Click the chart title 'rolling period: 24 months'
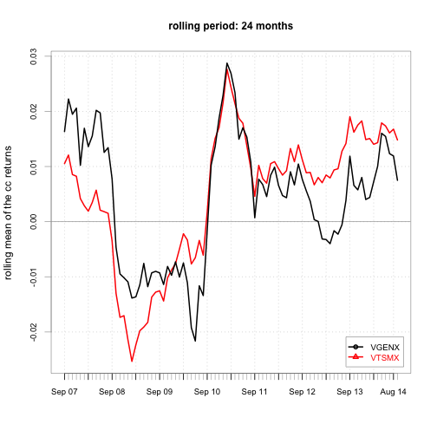(x=231, y=26)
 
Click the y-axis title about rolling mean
(x=8, y=212)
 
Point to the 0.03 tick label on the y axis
(x=34, y=56)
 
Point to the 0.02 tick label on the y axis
(x=34, y=112)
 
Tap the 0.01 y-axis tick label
(x=34, y=166)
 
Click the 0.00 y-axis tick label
(x=34, y=222)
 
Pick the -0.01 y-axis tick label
(x=34, y=277)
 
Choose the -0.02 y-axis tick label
(x=34, y=333)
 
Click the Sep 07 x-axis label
(x=64, y=392)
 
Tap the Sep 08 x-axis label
(x=112, y=392)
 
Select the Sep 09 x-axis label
(x=160, y=392)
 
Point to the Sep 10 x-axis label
(x=207, y=392)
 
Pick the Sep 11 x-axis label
(x=255, y=392)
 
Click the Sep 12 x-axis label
(x=302, y=392)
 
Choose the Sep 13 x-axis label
(x=349, y=392)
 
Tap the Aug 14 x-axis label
(x=393, y=392)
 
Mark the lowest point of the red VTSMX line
(x=132, y=362)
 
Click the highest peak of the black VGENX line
(x=227, y=63)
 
